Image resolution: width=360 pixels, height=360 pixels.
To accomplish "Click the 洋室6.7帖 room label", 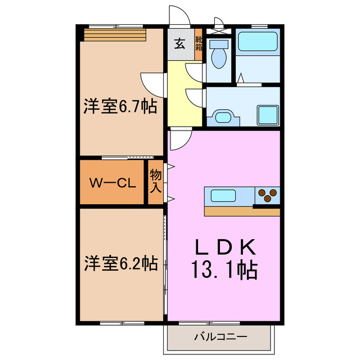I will tap(120, 106).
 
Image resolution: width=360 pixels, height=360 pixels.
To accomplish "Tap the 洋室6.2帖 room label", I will tap(120, 263).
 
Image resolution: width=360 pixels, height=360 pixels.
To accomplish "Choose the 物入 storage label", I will tap(155, 182).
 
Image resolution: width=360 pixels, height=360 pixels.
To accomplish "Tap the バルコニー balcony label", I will tap(220, 337).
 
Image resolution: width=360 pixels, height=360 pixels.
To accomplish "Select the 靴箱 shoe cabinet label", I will tap(199, 44).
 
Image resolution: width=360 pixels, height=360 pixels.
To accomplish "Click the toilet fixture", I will tap(218, 55).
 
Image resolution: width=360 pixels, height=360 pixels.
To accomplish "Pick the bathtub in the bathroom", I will tap(257, 43).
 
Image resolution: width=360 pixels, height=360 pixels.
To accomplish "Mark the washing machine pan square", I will tap(267, 115).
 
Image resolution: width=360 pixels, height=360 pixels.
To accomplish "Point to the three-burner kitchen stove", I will tap(267, 196).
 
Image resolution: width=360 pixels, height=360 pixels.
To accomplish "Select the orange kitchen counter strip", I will tap(242, 212).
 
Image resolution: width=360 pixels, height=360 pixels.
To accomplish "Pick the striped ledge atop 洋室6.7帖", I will tap(115, 35).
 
